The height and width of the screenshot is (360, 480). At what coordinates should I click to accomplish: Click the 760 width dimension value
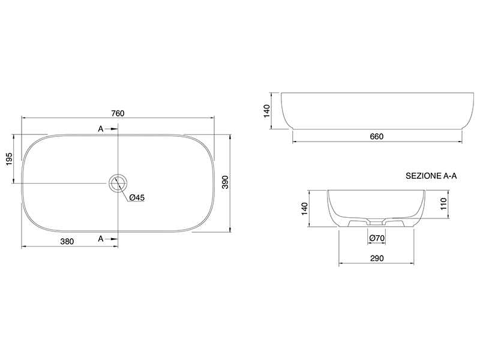tap(118, 113)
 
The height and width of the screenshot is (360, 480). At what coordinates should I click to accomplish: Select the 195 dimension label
tap(9, 159)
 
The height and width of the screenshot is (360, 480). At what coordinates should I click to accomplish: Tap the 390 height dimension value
tap(225, 182)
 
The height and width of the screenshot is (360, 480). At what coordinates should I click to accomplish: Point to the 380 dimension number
tap(67, 242)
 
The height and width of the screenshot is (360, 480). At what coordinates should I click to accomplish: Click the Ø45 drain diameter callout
tap(137, 197)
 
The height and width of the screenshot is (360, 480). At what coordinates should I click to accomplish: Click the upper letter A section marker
tap(101, 129)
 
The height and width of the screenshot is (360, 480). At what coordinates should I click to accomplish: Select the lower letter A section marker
tap(101, 238)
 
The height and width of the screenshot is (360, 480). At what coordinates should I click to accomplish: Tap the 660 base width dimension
tap(377, 136)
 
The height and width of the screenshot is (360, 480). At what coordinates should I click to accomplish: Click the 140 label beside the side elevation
tap(266, 111)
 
